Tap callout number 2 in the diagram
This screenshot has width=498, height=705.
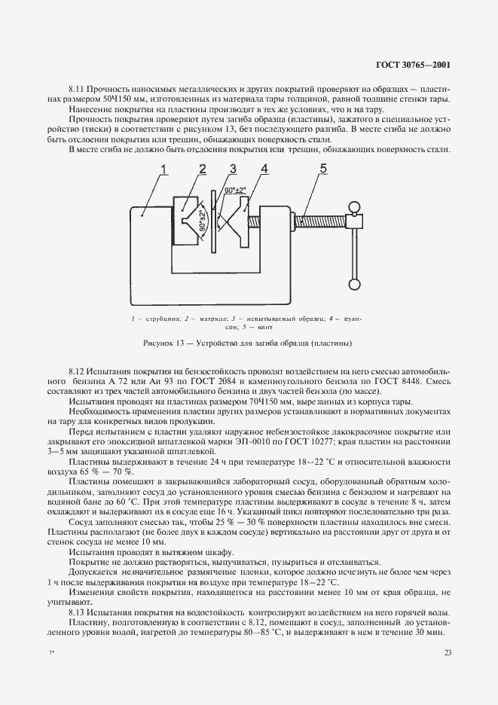(x=202, y=169)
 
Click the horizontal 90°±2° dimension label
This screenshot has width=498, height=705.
(x=231, y=191)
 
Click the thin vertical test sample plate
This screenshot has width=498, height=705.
(x=215, y=222)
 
